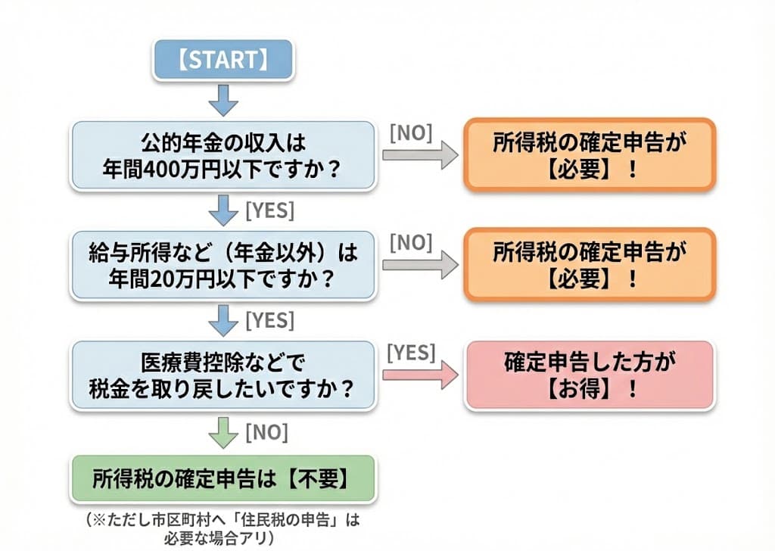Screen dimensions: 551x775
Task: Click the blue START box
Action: coord(223,61)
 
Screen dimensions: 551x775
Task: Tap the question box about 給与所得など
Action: coord(223,265)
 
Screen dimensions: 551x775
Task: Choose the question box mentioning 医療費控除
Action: coord(223,375)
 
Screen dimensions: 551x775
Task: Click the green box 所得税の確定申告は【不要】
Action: coord(223,478)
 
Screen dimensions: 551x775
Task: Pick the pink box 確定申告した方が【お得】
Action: coord(589,375)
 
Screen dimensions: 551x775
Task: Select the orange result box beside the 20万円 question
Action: coord(589,265)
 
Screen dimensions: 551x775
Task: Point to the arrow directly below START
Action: coord(223,99)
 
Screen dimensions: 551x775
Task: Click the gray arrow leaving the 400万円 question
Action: coord(419,155)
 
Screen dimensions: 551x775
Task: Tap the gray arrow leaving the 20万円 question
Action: coord(419,265)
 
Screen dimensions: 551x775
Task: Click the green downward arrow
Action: coord(223,434)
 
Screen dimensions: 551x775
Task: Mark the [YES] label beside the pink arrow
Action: coord(411,352)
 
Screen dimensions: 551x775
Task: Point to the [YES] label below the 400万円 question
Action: coord(269,210)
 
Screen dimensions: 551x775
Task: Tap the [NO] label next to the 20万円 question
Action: coord(411,242)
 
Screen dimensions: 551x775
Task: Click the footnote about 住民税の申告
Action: coord(223,528)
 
